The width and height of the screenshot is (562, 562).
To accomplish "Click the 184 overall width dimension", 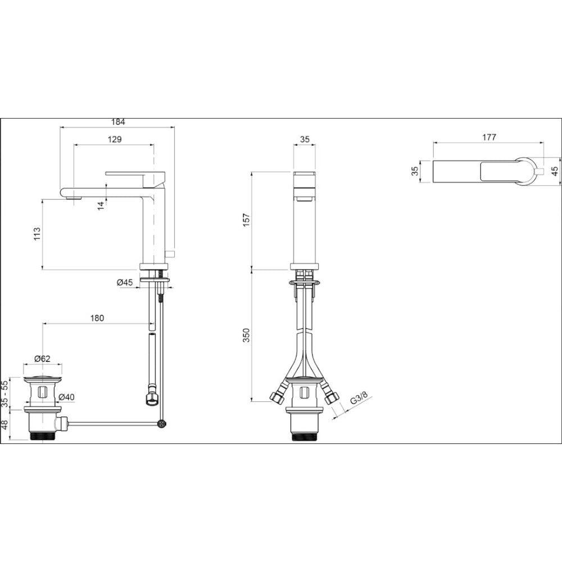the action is [118, 122].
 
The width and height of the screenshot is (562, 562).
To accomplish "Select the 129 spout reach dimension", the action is [115, 139].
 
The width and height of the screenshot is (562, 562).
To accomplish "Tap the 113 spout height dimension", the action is [37, 234].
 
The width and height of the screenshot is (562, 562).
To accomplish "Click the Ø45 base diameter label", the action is [125, 283].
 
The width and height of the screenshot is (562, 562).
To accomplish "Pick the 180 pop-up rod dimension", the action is [97, 318].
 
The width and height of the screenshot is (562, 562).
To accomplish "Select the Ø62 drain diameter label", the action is [42, 359].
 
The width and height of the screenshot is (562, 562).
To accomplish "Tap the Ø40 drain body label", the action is [66, 397].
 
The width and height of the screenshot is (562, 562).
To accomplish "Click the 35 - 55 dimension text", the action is [4, 393].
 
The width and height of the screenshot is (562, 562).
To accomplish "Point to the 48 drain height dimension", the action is [4, 425].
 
